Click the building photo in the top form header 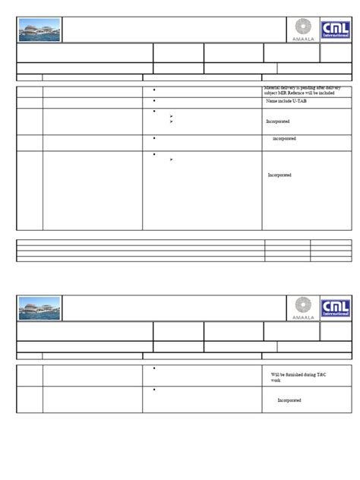[x=39, y=30]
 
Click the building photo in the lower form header [x=39, y=308]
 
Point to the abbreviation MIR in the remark [x=283, y=93]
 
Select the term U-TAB [x=300, y=101]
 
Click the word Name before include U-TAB [x=273, y=101]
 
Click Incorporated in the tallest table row [x=279, y=175]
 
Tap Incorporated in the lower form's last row [x=289, y=400]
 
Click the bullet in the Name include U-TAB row [x=154, y=100]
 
